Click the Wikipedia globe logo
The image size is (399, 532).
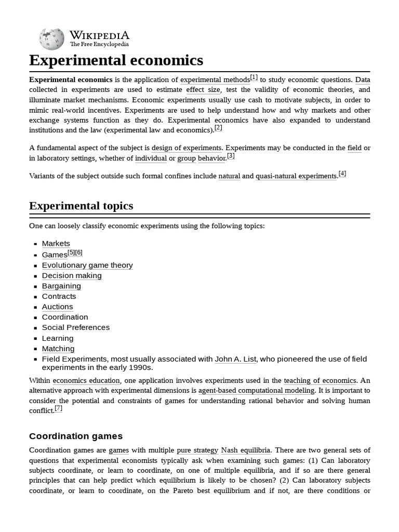[51, 39]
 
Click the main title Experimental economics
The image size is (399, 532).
[116, 60]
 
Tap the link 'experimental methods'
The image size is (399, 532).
[215, 80]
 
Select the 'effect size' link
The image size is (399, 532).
[203, 90]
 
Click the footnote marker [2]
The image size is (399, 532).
[218, 128]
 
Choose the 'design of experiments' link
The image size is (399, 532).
[186, 148]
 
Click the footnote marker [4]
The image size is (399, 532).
[342, 174]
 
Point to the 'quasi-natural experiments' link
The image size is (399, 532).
[296, 176]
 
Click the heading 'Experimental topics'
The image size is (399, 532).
[81, 206]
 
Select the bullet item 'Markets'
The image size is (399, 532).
[56, 244]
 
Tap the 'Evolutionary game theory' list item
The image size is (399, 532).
[87, 265]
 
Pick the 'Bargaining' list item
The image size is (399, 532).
[61, 286]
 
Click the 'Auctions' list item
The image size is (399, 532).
[57, 307]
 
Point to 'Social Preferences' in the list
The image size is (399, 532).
[76, 328]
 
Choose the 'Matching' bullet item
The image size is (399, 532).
[58, 349]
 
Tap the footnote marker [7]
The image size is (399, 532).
[59, 408]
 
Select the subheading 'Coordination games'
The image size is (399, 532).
[76, 436]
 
